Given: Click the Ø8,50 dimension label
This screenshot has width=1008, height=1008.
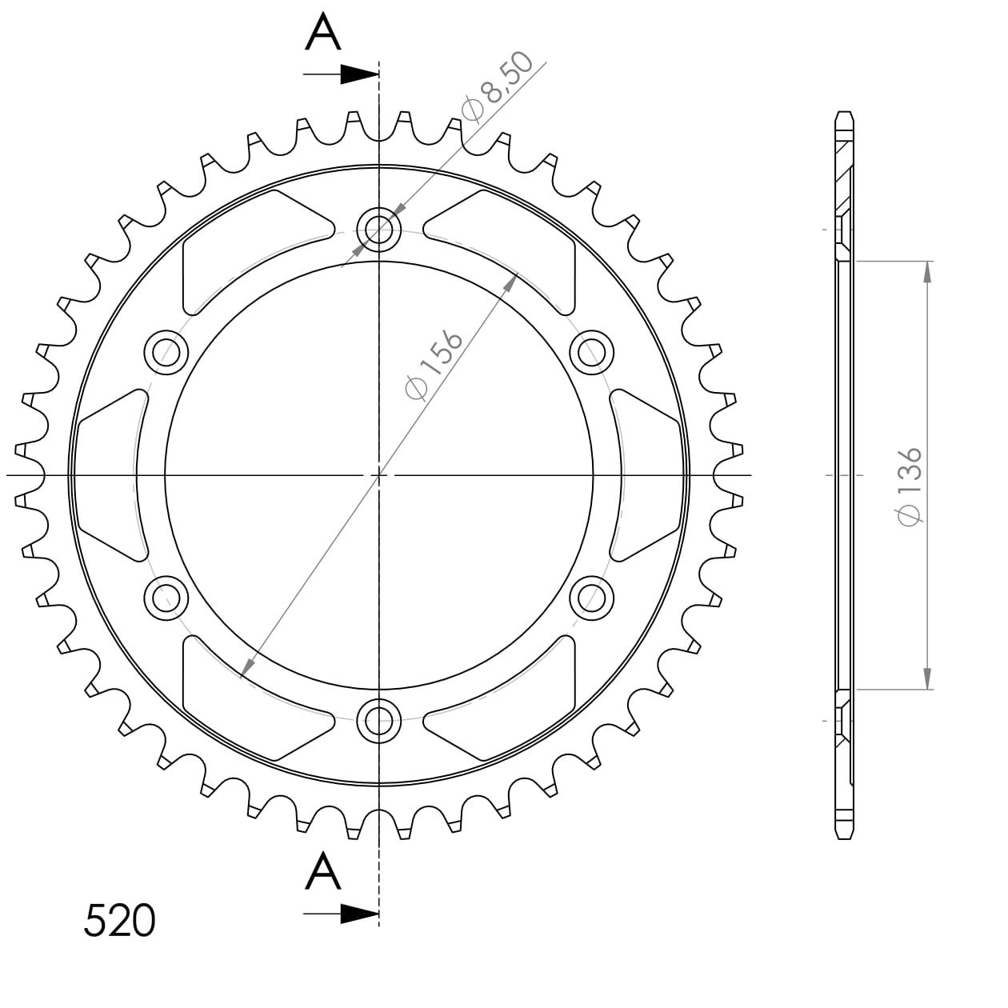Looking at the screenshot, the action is pyautogui.click(x=498, y=87).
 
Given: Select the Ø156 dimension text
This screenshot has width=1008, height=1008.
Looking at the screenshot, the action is pyautogui.click(x=434, y=365).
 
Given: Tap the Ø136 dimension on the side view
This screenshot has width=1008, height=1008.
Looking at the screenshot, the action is pyautogui.click(x=909, y=486).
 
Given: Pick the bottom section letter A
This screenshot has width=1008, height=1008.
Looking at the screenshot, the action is pyautogui.click(x=322, y=871).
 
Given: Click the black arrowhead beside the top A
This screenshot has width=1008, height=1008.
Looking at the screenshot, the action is pyautogui.click(x=359, y=74).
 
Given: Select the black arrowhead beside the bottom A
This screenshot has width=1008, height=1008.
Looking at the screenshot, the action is pyautogui.click(x=359, y=914).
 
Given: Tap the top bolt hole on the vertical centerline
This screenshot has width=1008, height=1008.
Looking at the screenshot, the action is pyautogui.click(x=378, y=229).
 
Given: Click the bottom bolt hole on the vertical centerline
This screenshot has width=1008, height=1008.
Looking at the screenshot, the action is pyautogui.click(x=378, y=721).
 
